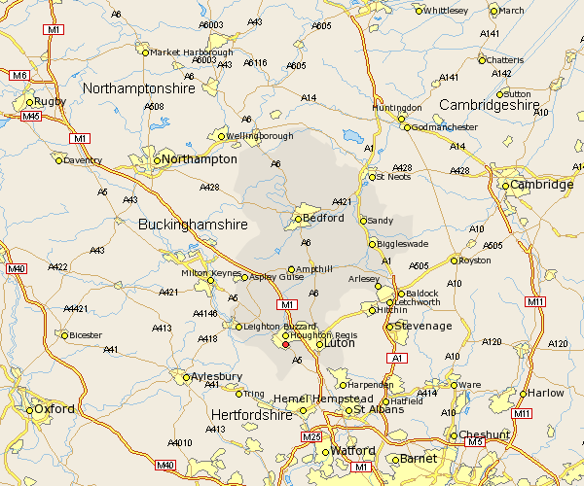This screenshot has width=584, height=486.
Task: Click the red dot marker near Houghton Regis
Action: coord(285,344)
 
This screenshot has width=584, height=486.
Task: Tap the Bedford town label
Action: coord(324,218)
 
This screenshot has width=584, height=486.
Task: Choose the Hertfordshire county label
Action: coord(251,415)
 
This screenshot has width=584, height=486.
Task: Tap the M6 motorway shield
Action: coord(19,75)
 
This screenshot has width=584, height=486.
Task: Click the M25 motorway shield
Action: coord(311,437)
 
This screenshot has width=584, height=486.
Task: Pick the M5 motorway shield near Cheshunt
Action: coord(475,442)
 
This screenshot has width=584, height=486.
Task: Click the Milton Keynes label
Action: coord(209,273)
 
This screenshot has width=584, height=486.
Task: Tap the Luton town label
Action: coord(340,344)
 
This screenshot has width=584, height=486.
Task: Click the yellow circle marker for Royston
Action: coord(455,260)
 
